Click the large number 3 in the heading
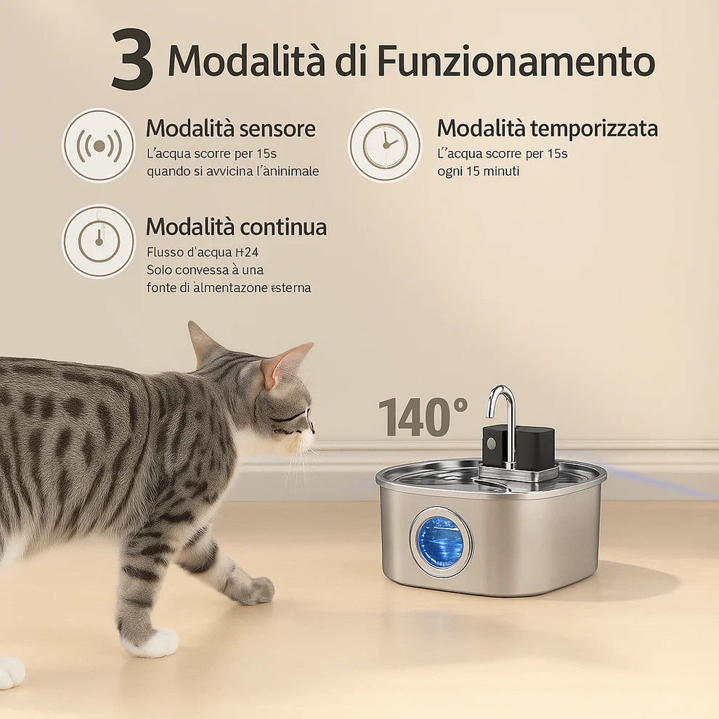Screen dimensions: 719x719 [x=132, y=60]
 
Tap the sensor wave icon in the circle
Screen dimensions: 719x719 [x=99, y=145]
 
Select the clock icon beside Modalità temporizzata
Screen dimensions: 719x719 [x=384, y=145]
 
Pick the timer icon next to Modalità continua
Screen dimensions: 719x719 [x=99, y=241]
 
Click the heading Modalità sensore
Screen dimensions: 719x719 [x=230, y=129]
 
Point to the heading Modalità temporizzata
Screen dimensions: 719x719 [x=547, y=129]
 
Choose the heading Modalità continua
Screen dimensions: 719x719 [x=236, y=227]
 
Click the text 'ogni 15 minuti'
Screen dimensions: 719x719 [x=478, y=171]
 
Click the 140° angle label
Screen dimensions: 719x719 [x=423, y=417]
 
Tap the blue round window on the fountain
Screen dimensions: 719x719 [x=440, y=541]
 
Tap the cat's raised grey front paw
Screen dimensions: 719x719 [x=254, y=590]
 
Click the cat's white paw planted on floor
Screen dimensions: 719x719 [x=154, y=643]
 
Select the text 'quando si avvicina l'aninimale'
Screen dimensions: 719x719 [x=232, y=171]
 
